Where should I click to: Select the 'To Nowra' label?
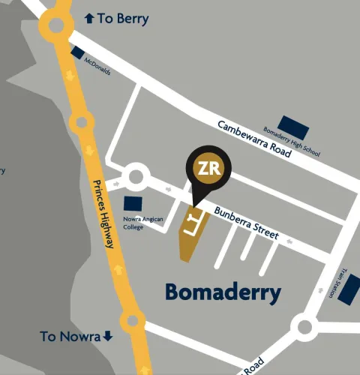pos(70,336)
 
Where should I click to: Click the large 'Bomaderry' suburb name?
pos(223,291)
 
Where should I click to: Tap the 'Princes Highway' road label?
pos(105,214)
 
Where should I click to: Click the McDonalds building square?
pos(78,52)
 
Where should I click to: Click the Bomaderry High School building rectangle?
pos(289,123)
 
